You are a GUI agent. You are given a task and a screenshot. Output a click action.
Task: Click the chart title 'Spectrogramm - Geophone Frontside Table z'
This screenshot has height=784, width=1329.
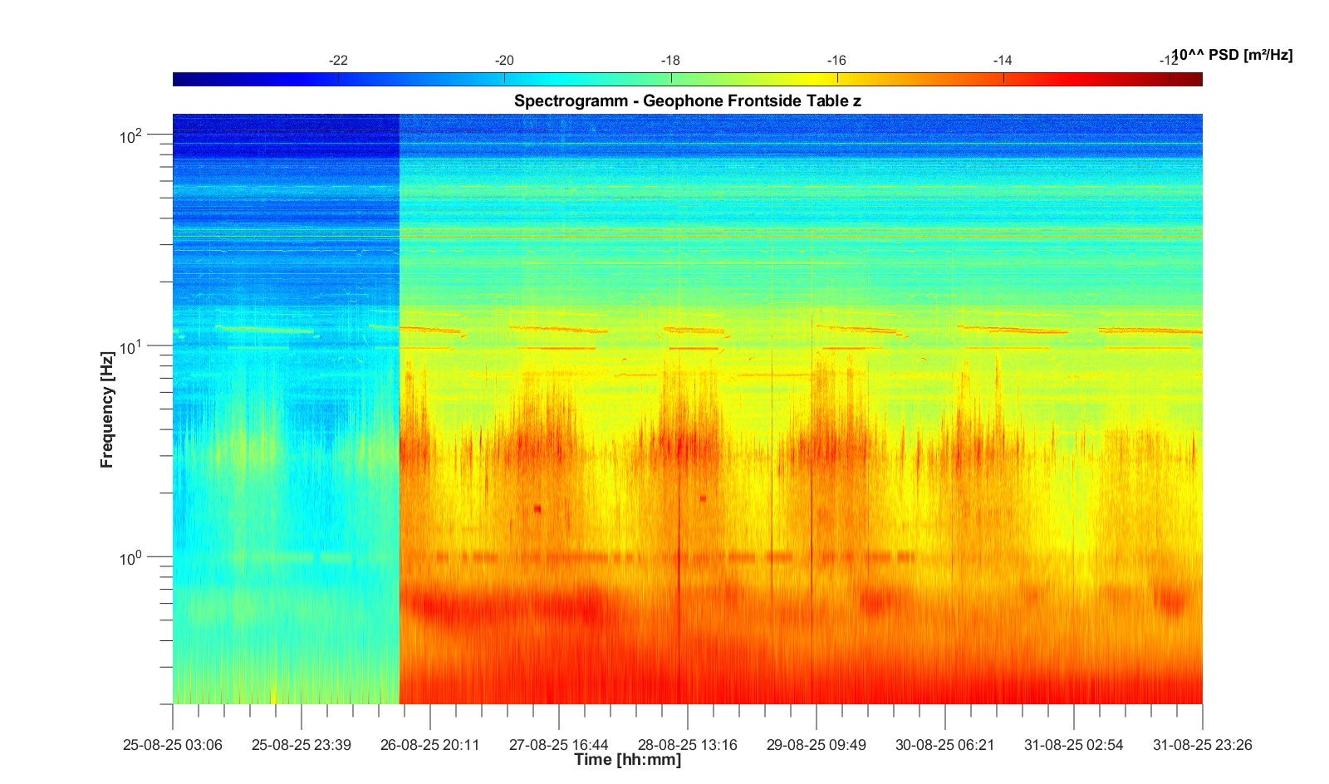[x=687, y=101]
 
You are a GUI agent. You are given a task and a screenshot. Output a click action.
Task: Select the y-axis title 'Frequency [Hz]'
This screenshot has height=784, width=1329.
[x=107, y=409]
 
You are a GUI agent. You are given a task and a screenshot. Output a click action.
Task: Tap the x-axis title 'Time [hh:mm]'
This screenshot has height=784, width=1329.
[x=627, y=759]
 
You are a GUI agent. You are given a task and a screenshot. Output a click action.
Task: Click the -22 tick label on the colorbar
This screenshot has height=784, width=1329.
[x=338, y=61]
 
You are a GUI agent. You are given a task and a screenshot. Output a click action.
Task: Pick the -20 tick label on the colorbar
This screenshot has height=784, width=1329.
[x=504, y=61]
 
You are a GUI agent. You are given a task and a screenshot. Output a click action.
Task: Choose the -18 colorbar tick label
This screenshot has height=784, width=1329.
[x=670, y=61]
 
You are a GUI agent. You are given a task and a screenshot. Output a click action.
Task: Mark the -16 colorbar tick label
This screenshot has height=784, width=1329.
[x=836, y=61]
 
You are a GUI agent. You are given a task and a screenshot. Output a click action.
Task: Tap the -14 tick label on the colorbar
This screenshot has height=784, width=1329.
[x=1003, y=61]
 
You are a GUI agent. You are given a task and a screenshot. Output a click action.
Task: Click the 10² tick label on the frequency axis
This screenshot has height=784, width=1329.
[x=131, y=136]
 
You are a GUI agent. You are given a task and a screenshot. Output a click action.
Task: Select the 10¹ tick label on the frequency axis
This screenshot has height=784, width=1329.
[x=131, y=347]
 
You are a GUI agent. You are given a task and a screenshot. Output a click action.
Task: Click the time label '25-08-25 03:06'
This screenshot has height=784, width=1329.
[x=173, y=745]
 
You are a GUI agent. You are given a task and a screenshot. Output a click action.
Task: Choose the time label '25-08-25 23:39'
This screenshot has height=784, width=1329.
[x=302, y=745]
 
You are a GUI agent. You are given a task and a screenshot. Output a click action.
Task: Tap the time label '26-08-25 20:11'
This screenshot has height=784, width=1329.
[x=430, y=745]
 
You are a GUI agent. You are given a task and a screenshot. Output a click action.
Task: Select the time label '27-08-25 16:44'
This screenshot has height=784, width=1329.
[x=559, y=745]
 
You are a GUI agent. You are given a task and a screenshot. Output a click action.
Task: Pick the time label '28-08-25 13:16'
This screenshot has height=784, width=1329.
[x=688, y=745]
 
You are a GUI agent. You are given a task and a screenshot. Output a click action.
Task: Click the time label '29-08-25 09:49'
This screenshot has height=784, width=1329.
[x=817, y=745]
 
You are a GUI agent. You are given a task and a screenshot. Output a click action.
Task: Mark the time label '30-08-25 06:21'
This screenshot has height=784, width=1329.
[x=945, y=745]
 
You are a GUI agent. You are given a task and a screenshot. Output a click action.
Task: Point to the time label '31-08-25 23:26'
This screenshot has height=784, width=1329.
[x=1202, y=745]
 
